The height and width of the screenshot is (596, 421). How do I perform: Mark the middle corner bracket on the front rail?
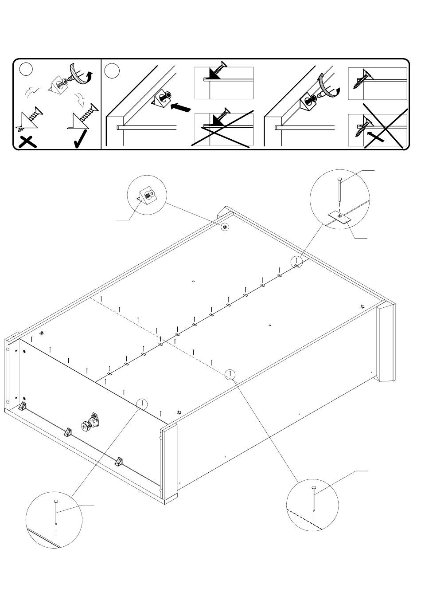point(69,432)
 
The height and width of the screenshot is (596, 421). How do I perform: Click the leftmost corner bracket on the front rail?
point(23,407)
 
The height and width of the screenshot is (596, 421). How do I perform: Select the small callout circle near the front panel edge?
point(141,404)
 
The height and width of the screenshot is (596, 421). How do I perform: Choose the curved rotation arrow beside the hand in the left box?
point(90,78)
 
